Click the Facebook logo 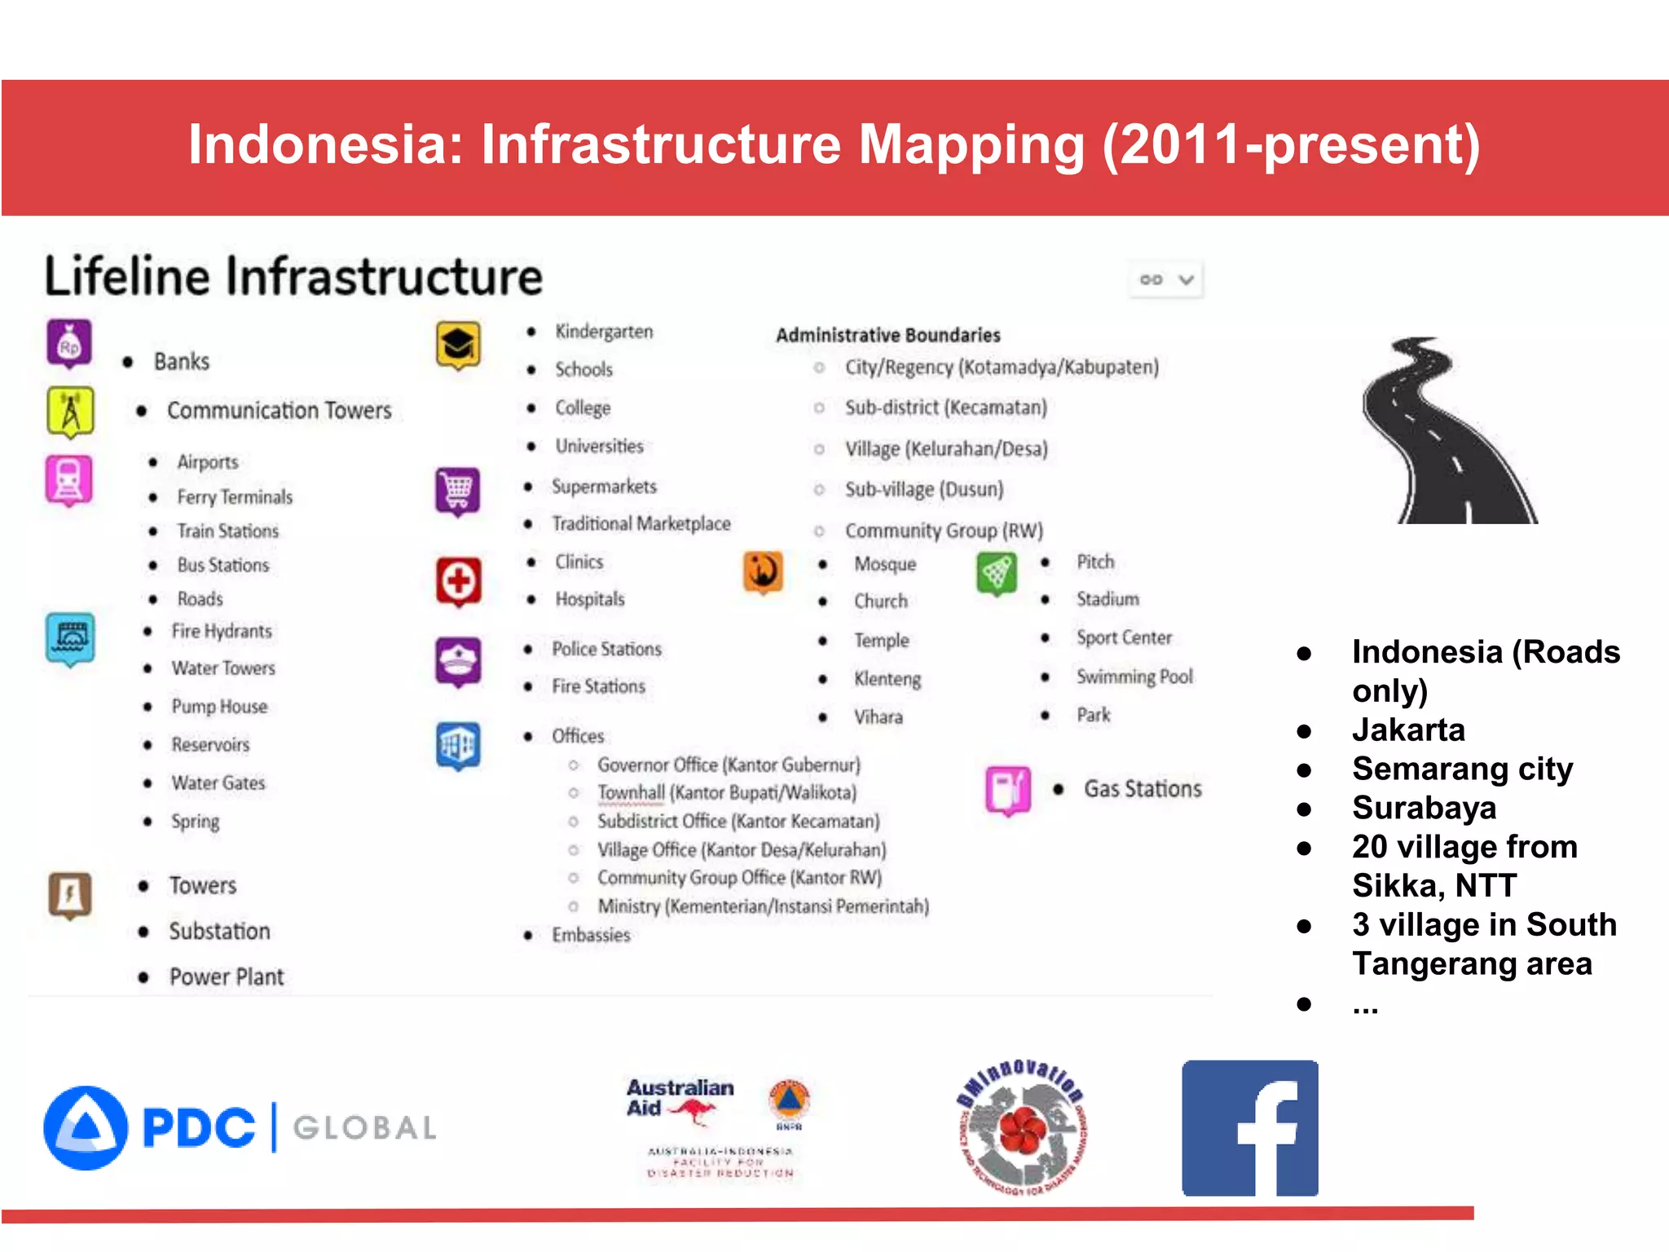[1249, 1128]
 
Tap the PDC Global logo [240, 1128]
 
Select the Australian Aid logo [680, 1100]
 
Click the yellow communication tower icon [70, 412]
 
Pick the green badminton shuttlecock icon [996, 573]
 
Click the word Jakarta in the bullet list [1408, 730]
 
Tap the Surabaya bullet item [1424, 808]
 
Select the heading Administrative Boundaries [887, 335]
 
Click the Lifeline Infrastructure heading [293, 276]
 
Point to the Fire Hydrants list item [221, 631]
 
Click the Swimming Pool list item [1134, 677]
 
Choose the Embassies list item [591, 935]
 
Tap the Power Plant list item [226, 976]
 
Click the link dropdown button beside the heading [1166, 280]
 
